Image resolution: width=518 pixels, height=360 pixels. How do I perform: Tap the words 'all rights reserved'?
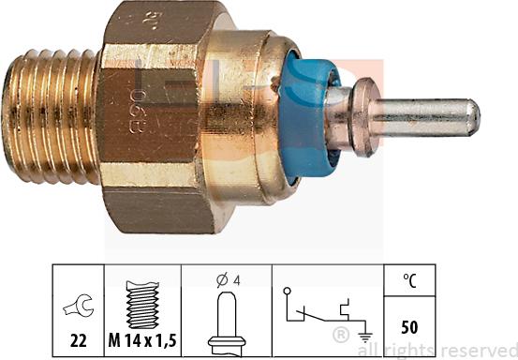440,349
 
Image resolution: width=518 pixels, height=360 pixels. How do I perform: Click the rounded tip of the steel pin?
473,116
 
